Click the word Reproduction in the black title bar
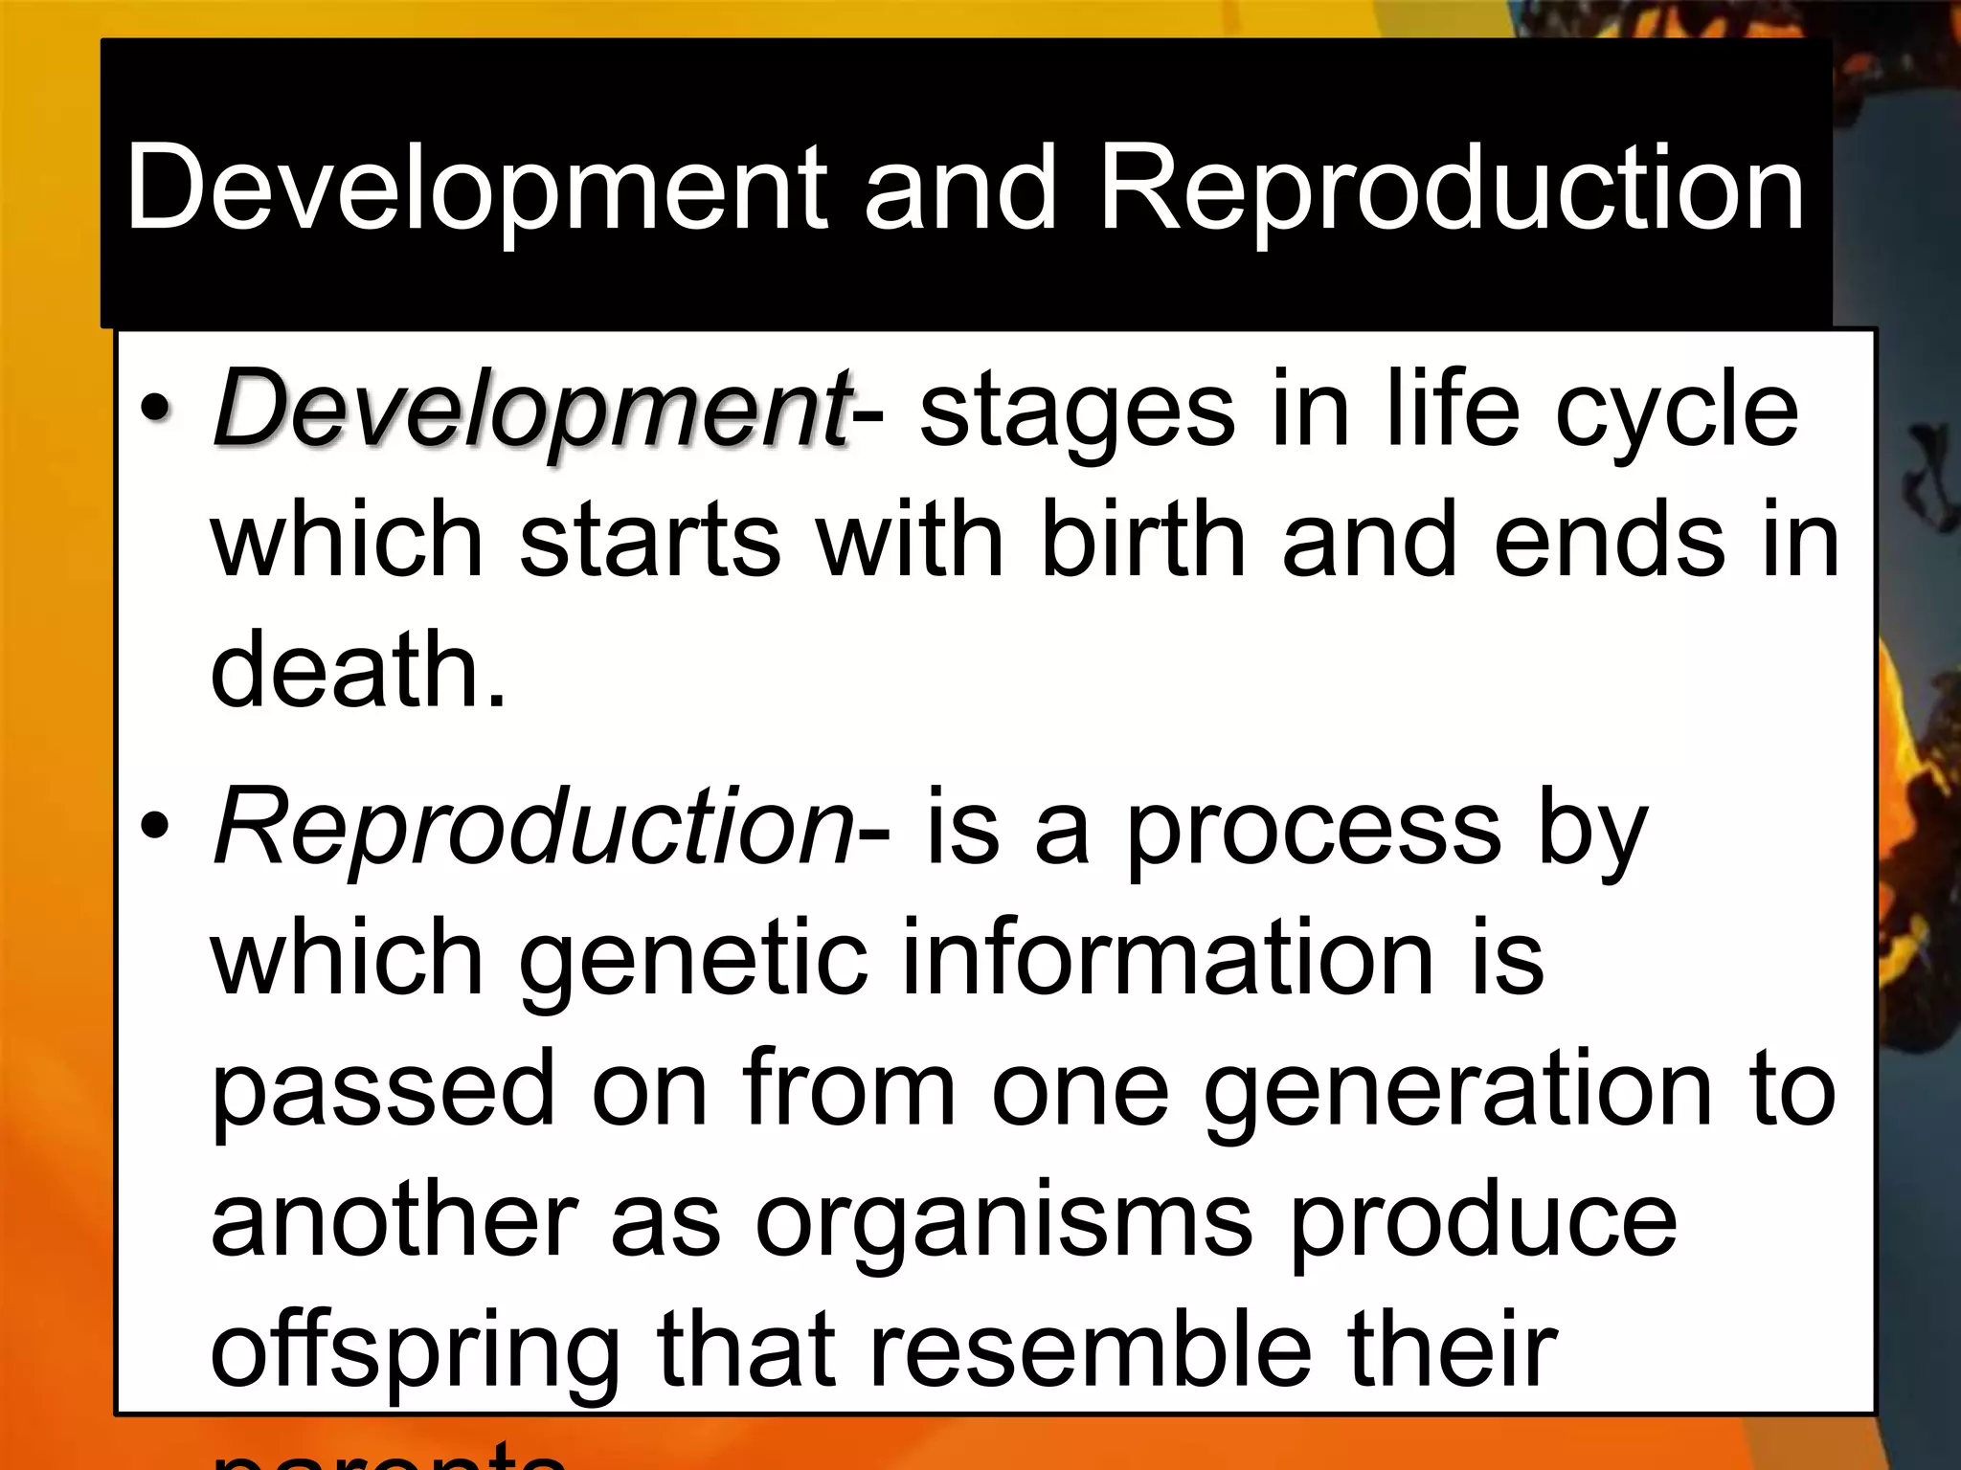pyautogui.click(x=1452, y=188)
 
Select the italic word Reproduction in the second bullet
pyautogui.click(x=532, y=828)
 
